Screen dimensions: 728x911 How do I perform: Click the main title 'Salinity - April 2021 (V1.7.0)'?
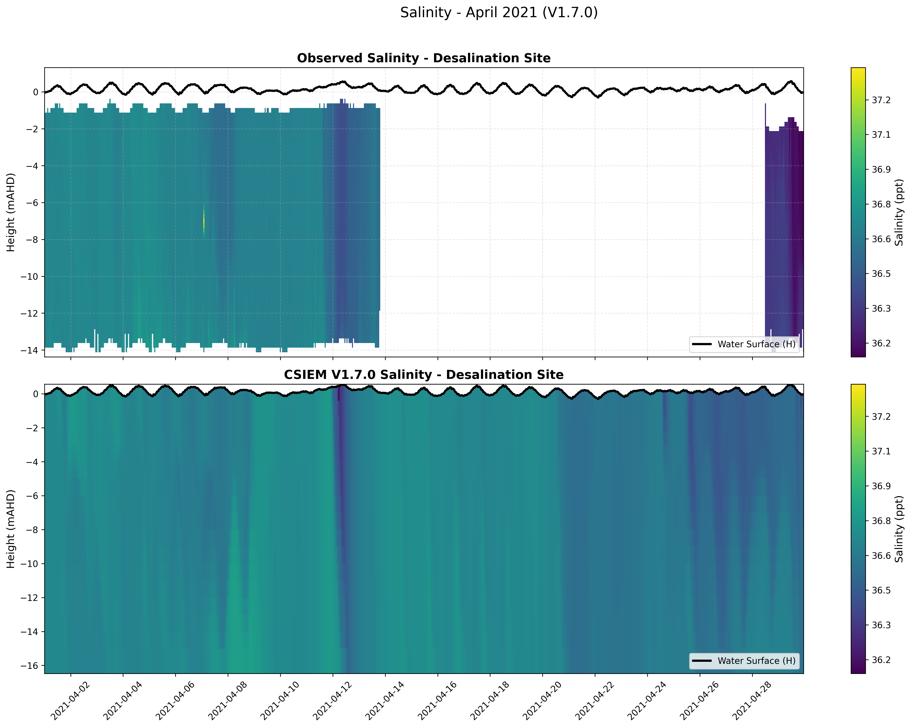(499, 13)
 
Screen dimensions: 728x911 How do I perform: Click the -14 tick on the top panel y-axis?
(32, 351)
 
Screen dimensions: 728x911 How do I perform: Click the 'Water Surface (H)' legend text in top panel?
(756, 344)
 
